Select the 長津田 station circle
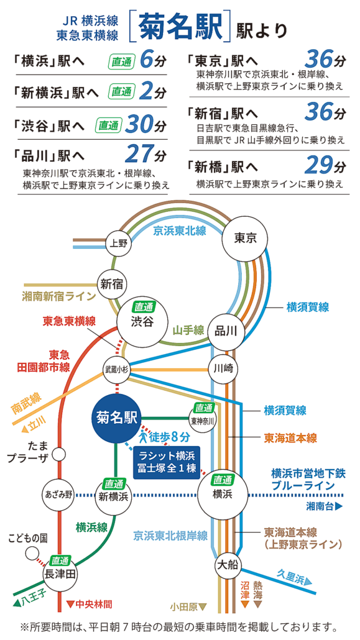[60, 574]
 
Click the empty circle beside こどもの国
[32, 554]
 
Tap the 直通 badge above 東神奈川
[203, 408]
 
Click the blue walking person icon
[144, 437]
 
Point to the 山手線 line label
[188, 330]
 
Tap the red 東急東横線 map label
[69, 321]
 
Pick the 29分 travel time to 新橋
[325, 165]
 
